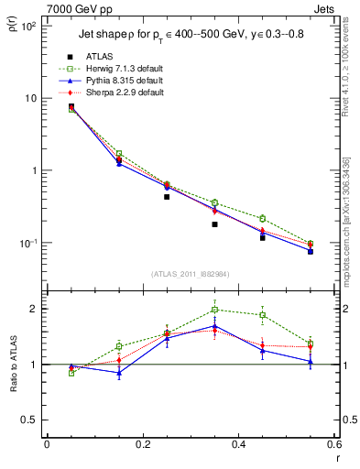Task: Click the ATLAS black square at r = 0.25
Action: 167,197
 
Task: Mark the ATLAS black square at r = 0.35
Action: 214,224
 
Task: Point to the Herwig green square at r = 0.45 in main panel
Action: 263,218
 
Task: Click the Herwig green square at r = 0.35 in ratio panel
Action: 214,310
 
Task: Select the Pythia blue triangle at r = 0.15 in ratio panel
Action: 119,373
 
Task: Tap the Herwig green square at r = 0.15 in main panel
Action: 119,154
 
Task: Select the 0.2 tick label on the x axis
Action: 142,444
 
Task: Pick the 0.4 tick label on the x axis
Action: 238,444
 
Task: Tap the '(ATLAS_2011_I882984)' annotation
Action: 191,275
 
